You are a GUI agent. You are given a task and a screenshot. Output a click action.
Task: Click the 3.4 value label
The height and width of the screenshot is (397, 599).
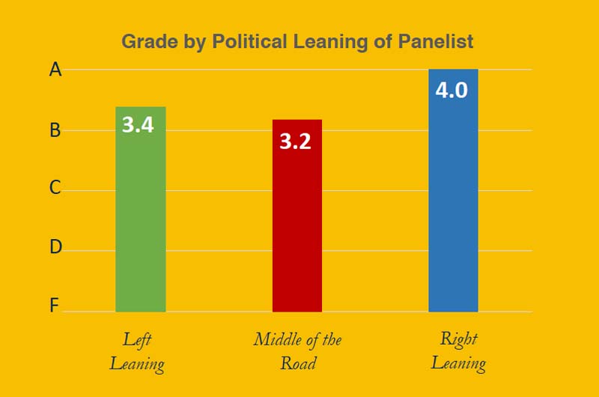(138, 124)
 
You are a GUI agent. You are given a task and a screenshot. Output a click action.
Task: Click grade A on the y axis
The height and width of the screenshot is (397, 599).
(55, 70)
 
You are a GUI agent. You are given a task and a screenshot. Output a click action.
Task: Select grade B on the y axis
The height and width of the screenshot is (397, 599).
(55, 130)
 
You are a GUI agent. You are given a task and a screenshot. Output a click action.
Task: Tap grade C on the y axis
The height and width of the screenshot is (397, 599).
(55, 188)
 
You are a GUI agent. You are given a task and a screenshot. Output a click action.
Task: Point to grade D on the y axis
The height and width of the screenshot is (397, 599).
(55, 246)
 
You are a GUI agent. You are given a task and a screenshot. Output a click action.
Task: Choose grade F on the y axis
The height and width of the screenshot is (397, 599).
(55, 306)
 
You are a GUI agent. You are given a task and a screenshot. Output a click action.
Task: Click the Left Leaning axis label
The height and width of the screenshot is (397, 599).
(138, 351)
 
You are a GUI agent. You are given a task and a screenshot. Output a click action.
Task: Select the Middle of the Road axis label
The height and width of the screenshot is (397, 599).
(297, 351)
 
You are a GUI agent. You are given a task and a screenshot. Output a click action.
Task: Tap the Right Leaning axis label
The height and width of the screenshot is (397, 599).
(458, 351)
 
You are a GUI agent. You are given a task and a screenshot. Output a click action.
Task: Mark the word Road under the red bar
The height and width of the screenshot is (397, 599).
(297, 364)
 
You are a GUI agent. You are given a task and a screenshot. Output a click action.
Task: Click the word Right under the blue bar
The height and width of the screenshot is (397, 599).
(458, 339)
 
